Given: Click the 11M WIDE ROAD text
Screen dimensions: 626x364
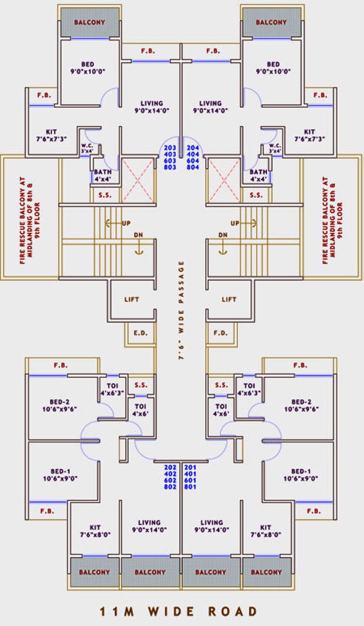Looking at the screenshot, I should pos(179,611).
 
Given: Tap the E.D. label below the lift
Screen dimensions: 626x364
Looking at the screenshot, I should pos(140,333).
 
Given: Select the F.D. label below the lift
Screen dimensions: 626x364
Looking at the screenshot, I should pos(221,333).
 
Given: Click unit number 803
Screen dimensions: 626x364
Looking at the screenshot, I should pos(170,167).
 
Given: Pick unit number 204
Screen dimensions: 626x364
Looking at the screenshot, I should pos(193,148).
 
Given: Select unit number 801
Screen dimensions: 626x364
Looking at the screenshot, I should pos(190,487).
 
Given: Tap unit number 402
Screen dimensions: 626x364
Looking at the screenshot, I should pos(170,474).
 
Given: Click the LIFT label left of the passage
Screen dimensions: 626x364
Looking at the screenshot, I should pos(132,299).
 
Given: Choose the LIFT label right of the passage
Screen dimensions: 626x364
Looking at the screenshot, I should pos(229,299).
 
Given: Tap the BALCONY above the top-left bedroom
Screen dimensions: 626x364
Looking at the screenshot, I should pos(90,22).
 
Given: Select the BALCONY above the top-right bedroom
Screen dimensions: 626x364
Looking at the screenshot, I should pos(271,22).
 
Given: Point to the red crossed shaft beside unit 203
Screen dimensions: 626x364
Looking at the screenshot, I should pos(138,180).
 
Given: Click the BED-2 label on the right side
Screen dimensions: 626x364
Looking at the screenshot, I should pos(301,405).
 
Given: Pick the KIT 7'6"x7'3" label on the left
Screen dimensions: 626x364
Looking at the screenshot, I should pos(51,135).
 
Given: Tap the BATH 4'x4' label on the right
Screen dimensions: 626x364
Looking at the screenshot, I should pos(258,175).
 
